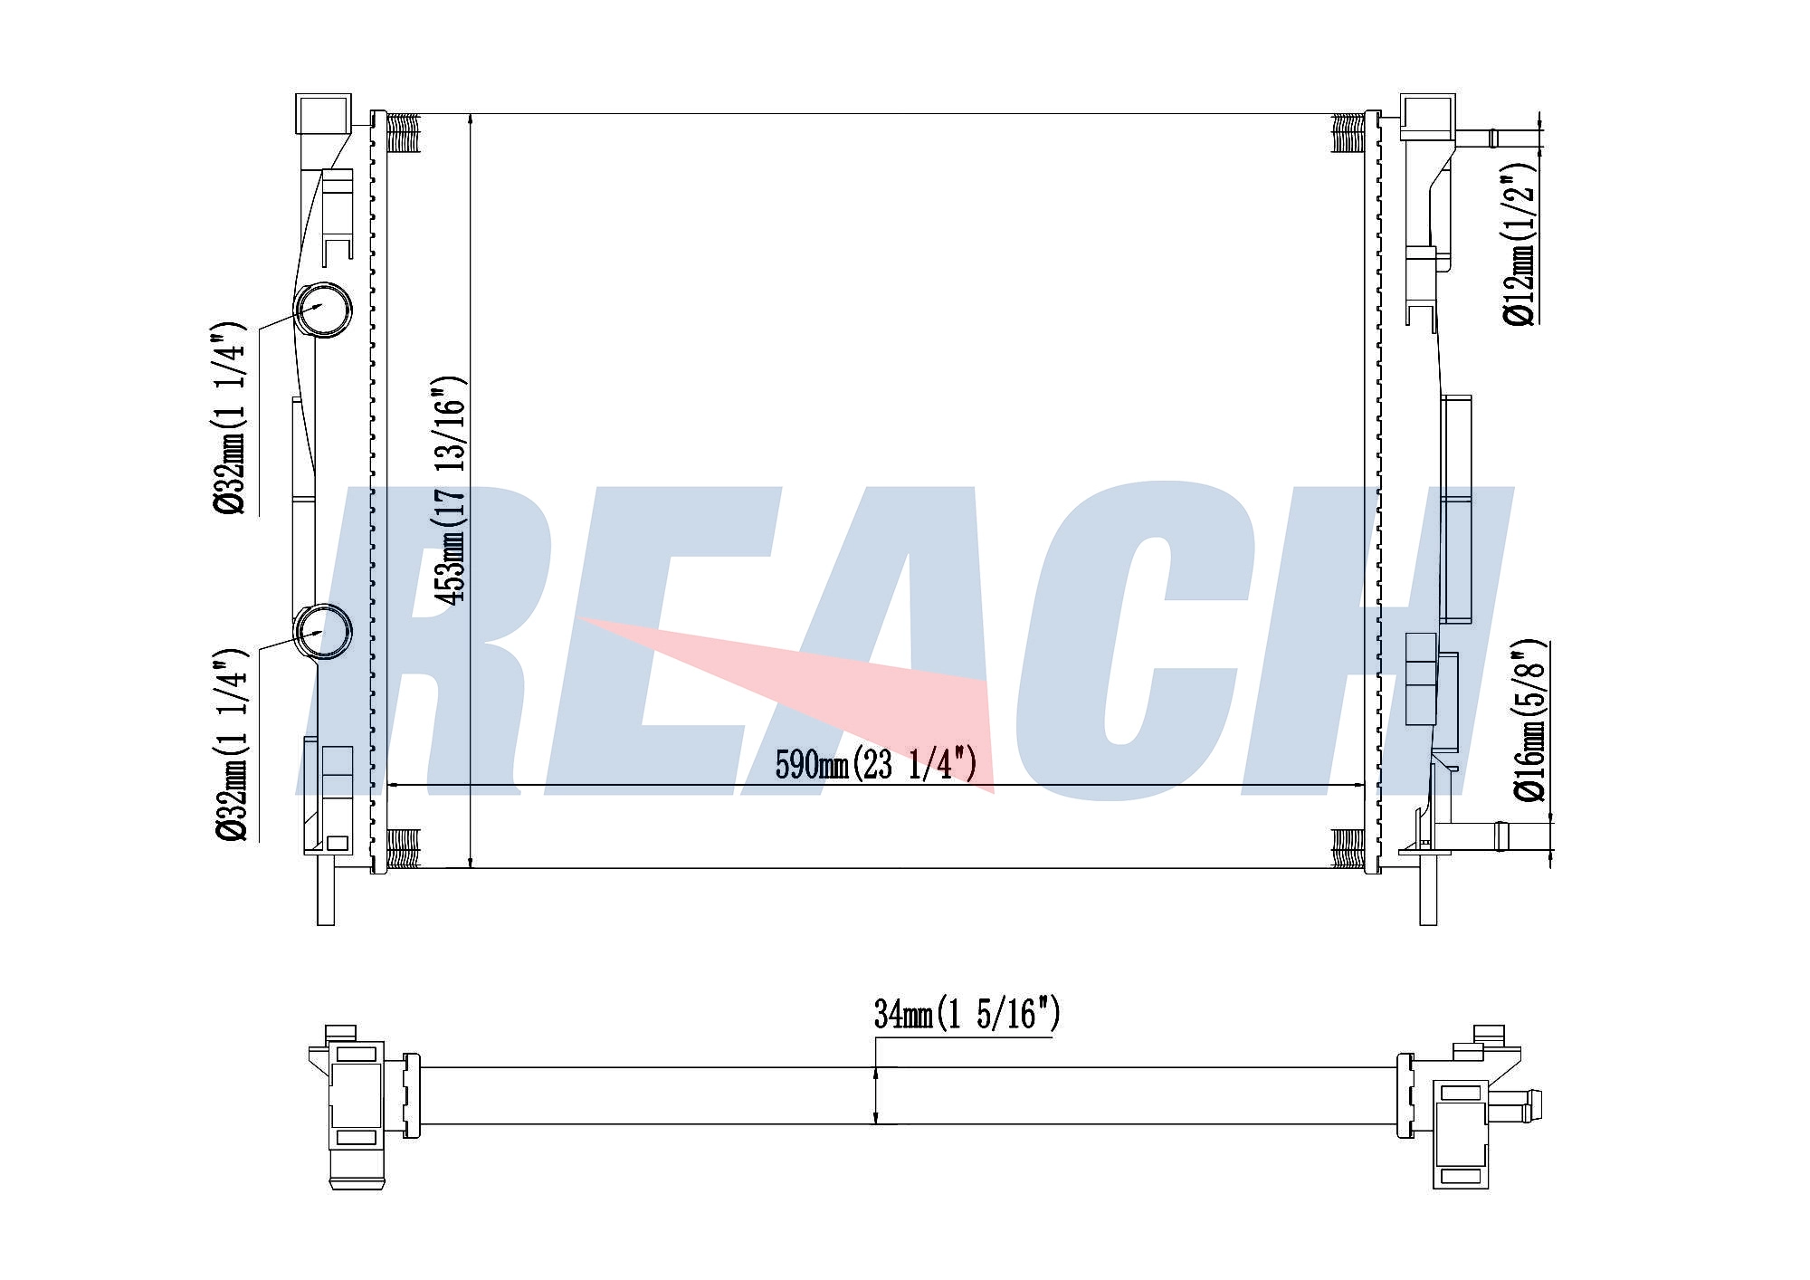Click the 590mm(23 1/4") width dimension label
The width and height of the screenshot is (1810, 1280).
tap(876, 766)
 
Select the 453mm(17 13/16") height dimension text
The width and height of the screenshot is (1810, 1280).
tap(450, 490)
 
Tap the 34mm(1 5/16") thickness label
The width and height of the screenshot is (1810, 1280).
tap(967, 1015)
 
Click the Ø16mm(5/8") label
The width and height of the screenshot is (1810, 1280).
tap(1529, 721)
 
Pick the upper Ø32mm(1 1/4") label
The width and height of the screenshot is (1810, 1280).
tap(229, 417)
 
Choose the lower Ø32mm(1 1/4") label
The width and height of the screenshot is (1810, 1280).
tap(229, 744)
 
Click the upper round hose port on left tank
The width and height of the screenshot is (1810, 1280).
tap(322, 310)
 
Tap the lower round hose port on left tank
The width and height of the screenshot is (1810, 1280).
tap(322, 631)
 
